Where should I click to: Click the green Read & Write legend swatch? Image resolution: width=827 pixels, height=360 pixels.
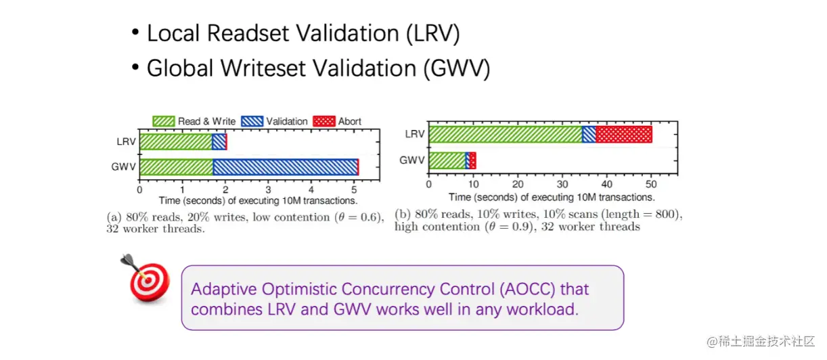click(x=164, y=121)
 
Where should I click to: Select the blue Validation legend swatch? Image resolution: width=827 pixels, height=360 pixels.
click(x=252, y=121)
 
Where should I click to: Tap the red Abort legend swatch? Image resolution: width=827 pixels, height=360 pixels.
click(x=324, y=121)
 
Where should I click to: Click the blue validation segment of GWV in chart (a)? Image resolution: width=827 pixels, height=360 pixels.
click(x=286, y=167)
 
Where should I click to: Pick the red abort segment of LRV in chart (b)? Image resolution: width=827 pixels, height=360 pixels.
click(x=624, y=134)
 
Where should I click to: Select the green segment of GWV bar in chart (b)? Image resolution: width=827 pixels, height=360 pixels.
click(x=447, y=160)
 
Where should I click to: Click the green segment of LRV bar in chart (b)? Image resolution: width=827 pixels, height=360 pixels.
click(x=506, y=134)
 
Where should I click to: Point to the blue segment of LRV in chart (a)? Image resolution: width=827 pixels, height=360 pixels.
click(x=219, y=142)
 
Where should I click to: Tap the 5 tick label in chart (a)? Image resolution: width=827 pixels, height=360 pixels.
click(x=354, y=189)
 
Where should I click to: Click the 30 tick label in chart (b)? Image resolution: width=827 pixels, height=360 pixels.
click(x=562, y=184)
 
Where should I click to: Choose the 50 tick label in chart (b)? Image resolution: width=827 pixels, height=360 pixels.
click(x=651, y=184)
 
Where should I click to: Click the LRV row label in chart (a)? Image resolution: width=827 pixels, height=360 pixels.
click(x=127, y=142)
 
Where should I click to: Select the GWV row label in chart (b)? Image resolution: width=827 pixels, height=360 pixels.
click(x=412, y=160)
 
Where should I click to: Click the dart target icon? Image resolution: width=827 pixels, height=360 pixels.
click(x=146, y=279)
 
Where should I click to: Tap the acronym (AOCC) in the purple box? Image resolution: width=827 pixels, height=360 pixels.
click(x=528, y=289)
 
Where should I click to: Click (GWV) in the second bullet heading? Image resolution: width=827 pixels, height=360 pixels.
click(x=457, y=68)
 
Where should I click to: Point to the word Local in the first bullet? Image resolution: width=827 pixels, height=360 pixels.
click(x=173, y=33)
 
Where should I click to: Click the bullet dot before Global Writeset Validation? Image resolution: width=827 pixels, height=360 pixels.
click(x=135, y=67)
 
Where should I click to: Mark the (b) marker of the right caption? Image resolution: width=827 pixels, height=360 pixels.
click(x=403, y=215)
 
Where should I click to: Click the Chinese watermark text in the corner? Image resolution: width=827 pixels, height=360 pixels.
click(x=761, y=342)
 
